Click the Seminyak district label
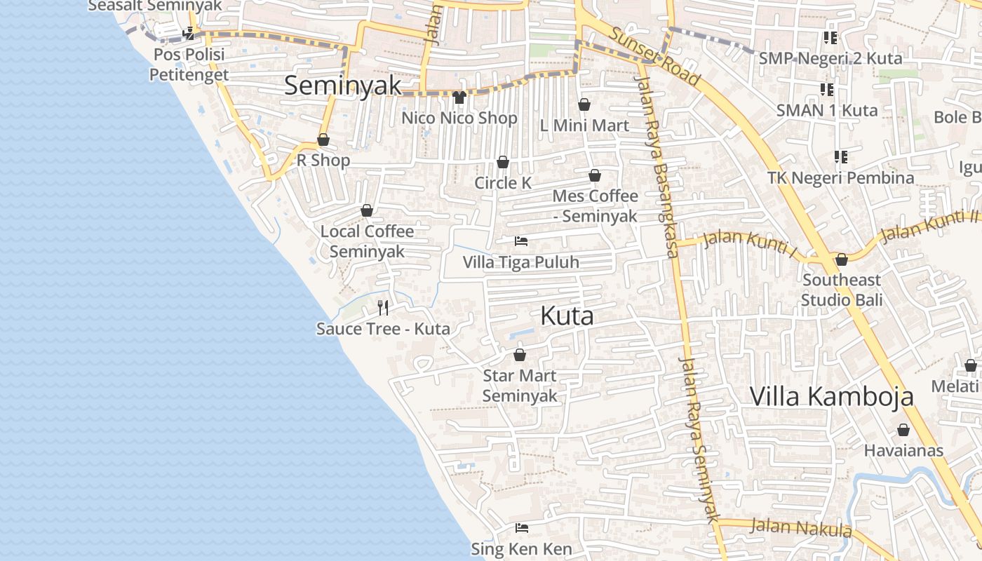[x=343, y=86]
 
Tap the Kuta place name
[x=567, y=316]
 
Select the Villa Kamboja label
[x=832, y=396]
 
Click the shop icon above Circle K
[x=503, y=163]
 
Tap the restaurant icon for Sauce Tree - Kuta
[x=383, y=307]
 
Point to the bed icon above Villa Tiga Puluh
[x=520, y=241]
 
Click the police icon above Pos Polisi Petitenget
[x=188, y=33]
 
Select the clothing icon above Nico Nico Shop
[x=459, y=97]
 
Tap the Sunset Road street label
[x=654, y=56]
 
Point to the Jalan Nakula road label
[x=800, y=527]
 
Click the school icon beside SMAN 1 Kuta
[x=827, y=90]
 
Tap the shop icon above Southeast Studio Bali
[x=842, y=260]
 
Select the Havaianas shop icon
[x=903, y=430]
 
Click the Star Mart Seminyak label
[x=520, y=386]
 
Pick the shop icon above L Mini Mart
[x=584, y=105]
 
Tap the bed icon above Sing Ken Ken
[x=521, y=528]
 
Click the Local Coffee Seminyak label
[x=367, y=241]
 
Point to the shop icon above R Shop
[x=323, y=140]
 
